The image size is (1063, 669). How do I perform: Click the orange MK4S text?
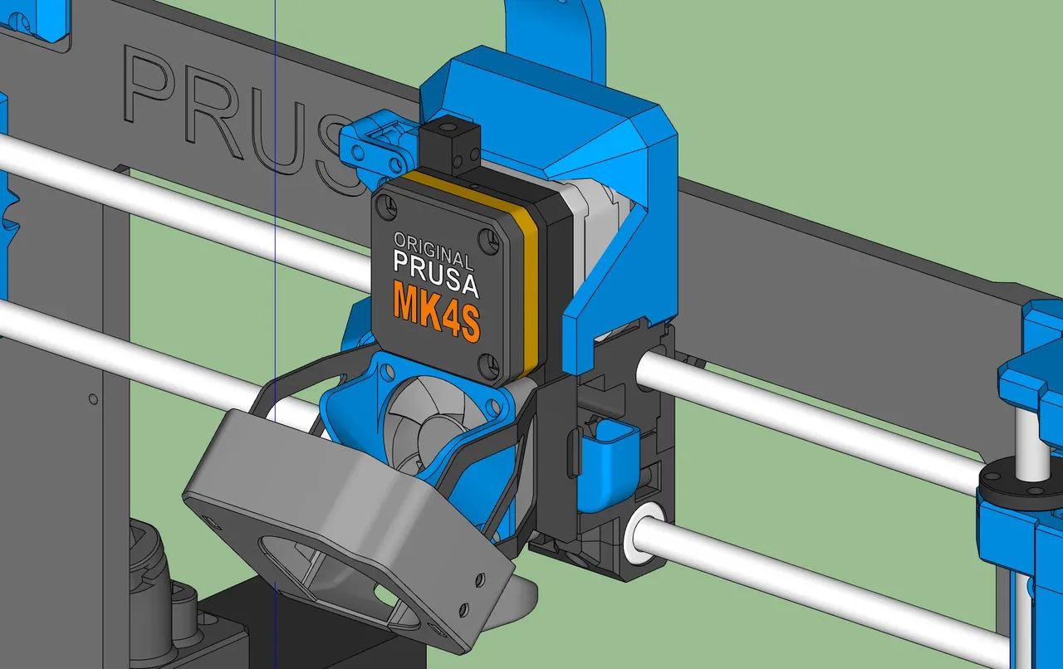click(437, 310)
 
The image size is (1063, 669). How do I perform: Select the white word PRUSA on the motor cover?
click(436, 274)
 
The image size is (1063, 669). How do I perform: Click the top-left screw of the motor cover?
click(387, 207)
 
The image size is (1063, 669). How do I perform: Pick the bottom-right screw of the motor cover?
click(488, 366)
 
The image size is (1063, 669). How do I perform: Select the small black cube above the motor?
click(450, 144)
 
